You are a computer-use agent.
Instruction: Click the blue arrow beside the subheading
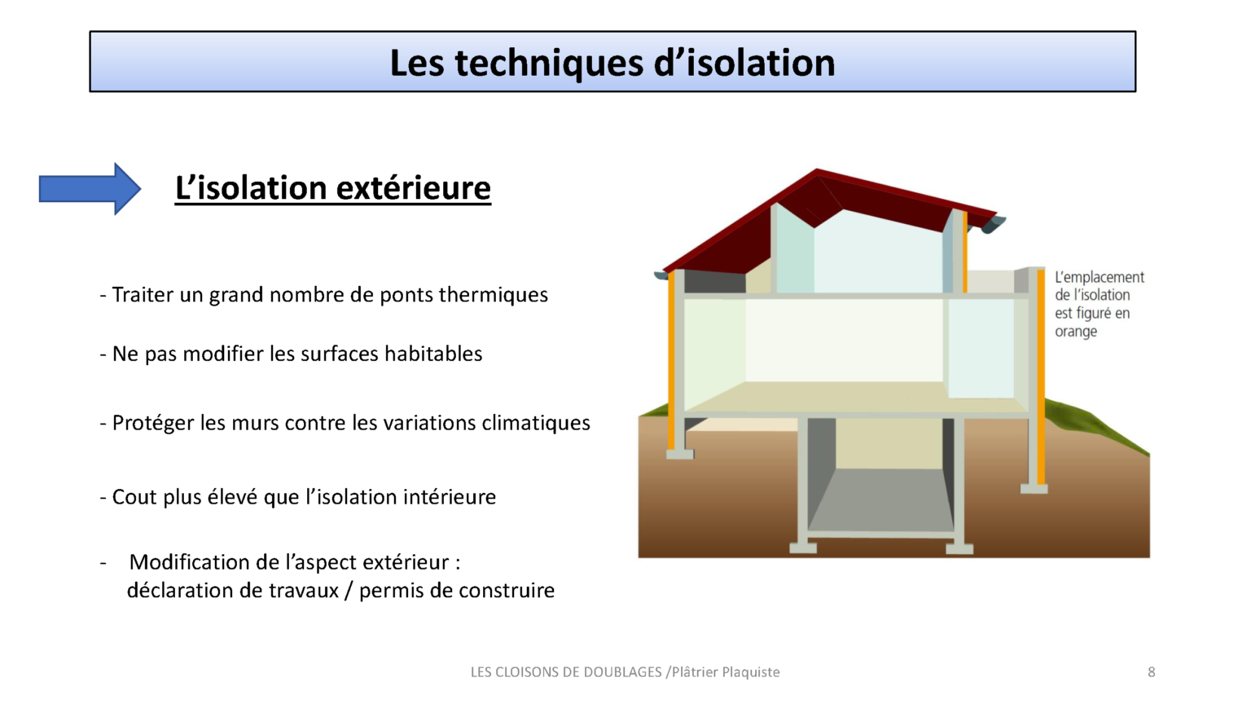click(89, 189)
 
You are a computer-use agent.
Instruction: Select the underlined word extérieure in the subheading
click(413, 188)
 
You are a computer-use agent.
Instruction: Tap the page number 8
click(1151, 672)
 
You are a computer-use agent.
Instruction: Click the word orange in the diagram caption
click(1076, 332)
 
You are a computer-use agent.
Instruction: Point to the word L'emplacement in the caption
click(1100, 278)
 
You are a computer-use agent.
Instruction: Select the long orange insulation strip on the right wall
click(1041, 375)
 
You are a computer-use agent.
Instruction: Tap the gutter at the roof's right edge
click(994, 224)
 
